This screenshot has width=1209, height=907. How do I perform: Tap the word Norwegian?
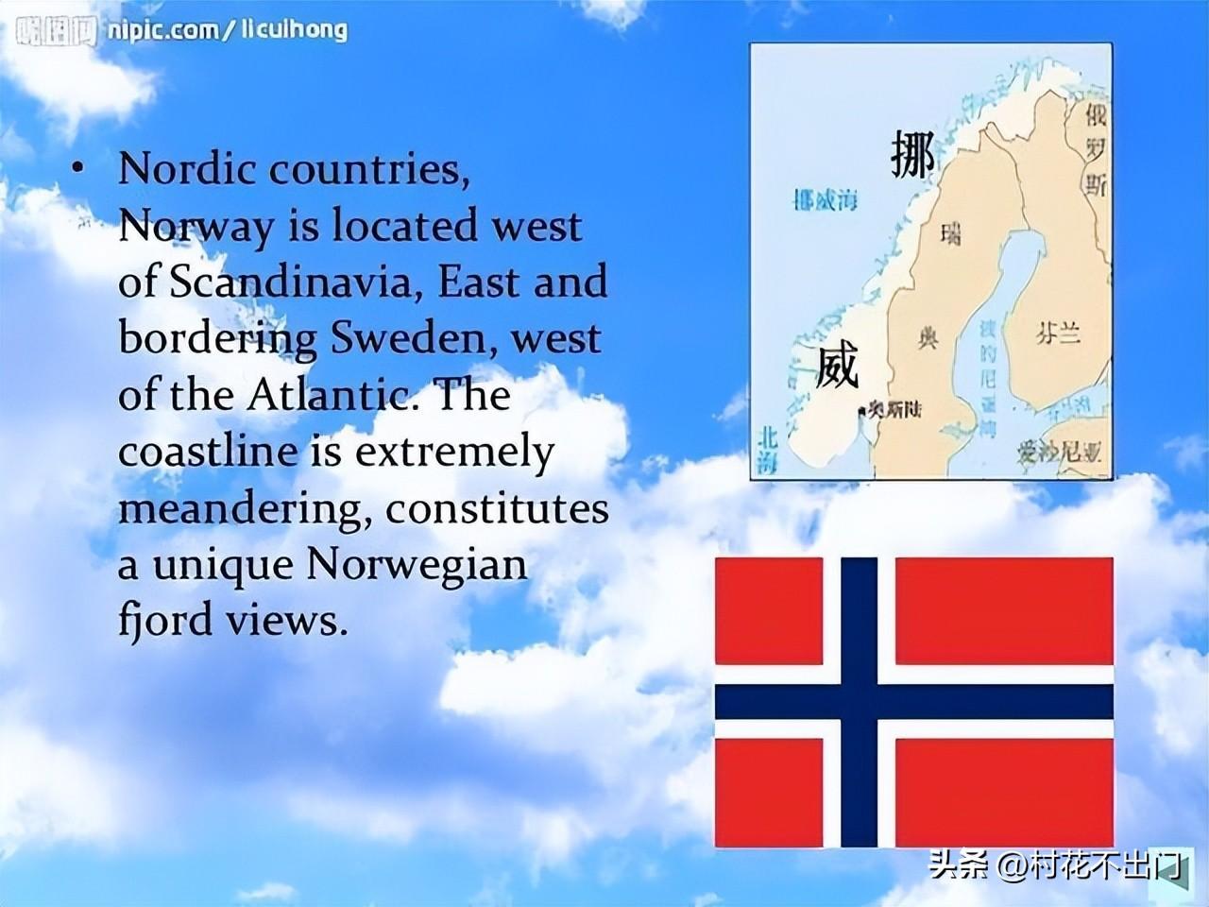[417, 565]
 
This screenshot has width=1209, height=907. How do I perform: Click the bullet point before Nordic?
[77, 168]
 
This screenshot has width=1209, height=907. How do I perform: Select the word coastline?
[207, 452]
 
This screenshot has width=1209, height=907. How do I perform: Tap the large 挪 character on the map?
[912, 155]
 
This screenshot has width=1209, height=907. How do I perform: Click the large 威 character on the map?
[837, 367]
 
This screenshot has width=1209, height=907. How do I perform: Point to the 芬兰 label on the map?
[1057, 334]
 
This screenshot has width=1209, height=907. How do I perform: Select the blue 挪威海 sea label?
[826, 200]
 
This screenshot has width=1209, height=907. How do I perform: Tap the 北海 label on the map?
[767, 450]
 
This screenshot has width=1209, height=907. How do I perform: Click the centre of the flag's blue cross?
[860, 702]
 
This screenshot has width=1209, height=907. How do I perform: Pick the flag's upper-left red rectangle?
[768, 610]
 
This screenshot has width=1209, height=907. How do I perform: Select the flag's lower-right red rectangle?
[1003, 792]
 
